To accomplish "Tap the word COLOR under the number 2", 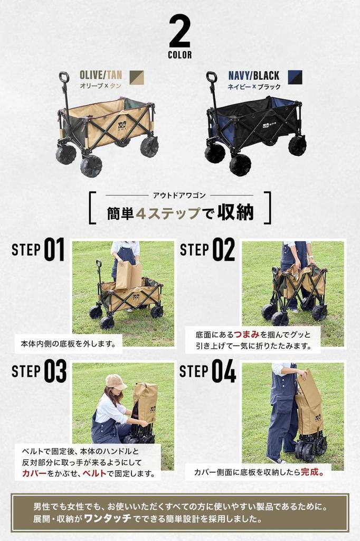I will (180, 55).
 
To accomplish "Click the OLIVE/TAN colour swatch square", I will (136, 77).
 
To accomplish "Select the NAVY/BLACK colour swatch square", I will (295, 77).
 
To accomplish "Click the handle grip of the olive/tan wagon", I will (64, 77).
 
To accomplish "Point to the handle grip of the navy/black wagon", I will (212, 77).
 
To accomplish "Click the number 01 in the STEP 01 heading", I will (54, 250).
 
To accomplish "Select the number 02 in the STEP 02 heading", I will (223, 250).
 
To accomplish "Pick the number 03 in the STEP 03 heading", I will (55, 371).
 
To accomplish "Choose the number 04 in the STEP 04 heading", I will (224, 371).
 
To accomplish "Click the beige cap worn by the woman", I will (116, 381).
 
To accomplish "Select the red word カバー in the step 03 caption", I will (35, 473).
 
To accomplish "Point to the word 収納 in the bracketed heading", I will (236, 213).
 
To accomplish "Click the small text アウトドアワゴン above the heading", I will (179, 195).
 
